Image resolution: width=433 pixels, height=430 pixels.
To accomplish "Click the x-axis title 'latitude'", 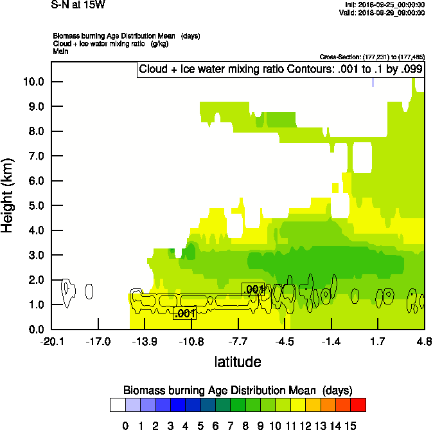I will point(238,362).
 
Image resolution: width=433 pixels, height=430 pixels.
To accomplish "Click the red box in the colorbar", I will point(358,404).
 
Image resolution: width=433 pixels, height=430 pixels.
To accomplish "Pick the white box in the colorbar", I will point(118,404).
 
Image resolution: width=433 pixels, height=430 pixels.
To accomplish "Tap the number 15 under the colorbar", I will point(351,425).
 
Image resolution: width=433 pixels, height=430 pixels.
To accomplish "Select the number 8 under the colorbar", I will point(245,425).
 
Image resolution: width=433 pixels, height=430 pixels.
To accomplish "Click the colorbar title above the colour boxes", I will point(238,390).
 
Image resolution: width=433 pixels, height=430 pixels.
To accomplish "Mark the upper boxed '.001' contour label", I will point(252,290).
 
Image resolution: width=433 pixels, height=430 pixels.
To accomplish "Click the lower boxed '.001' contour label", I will point(184,313).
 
